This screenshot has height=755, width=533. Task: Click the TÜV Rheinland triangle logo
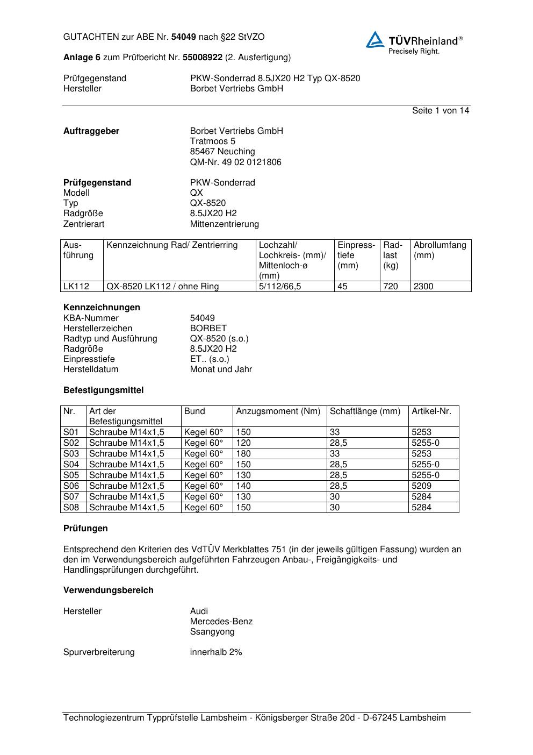[x=375, y=40]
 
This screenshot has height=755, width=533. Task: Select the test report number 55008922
[x=203, y=57]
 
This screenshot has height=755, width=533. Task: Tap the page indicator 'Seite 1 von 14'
[x=441, y=111]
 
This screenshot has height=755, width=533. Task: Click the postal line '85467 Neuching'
[x=222, y=152]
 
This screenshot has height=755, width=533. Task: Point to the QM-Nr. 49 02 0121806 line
[x=235, y=162]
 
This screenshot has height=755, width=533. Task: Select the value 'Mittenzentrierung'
[x=224, y=224]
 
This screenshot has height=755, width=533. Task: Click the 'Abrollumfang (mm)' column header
[x=440, y=250]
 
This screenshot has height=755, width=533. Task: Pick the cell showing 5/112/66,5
[x=280, y=287]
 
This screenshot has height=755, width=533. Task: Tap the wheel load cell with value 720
[x=391, y=287]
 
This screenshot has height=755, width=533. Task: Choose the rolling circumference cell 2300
[x=423, y=287]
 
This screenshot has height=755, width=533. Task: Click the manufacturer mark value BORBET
[x=208, y=329]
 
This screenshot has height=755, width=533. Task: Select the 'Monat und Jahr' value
[x=221, y=369]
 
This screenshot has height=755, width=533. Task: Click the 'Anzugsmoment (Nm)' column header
[x=278, y=411]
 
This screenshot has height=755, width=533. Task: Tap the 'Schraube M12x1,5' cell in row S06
[x=127, y=486]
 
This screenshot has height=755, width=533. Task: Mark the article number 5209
[x=421, y=486]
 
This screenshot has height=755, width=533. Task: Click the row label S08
[x=71, y=508]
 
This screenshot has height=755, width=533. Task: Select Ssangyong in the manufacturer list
[x=212, y=632]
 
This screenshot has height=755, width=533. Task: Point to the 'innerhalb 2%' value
[x=216, y=652]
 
